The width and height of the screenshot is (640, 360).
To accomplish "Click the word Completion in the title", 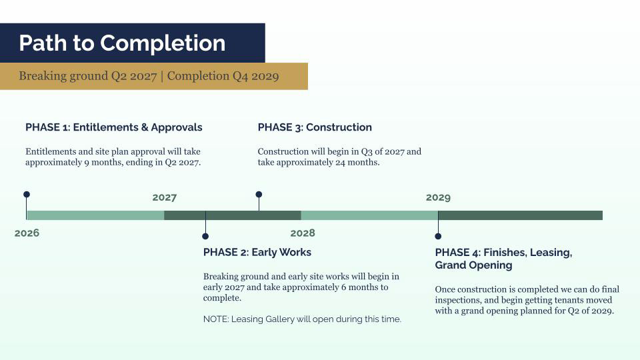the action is pos(163,43).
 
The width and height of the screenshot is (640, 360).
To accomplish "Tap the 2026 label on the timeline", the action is pos(27,233).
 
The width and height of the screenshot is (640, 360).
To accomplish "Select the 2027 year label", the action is pos(165,197).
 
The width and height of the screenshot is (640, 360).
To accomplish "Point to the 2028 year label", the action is pos(303,233).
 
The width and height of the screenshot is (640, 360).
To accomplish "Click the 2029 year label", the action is pos(438,197).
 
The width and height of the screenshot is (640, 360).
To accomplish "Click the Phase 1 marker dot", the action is pos(27,194).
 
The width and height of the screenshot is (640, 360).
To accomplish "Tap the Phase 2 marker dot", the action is pos(205,236).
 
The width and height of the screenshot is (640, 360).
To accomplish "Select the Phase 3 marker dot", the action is pos(259,194).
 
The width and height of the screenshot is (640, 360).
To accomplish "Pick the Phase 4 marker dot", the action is pos(438,236).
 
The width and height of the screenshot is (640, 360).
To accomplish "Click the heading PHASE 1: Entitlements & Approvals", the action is pos(114,127).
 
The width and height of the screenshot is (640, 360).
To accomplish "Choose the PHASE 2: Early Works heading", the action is pos(257,252).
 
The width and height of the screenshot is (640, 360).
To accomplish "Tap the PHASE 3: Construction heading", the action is pos(315,127).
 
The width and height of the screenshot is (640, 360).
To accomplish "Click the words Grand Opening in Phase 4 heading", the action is pos(473,265).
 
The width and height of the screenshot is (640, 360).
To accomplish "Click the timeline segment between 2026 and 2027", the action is pos(95,215).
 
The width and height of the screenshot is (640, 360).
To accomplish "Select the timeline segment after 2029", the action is pos(521,215).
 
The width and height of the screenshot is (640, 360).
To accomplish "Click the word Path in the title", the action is pos(43,43).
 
